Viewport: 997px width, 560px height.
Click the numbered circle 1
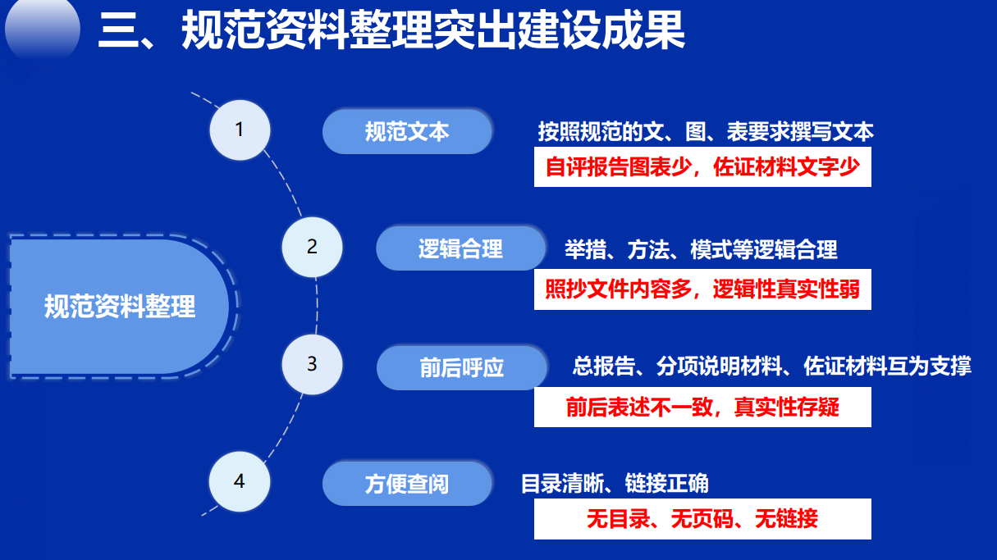click(x=240, y=130)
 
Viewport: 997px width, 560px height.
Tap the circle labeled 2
click(x=312, y=247)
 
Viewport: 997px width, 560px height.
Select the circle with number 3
click(x=312, y=364)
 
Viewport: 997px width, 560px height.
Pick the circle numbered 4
click(x=240, y=481)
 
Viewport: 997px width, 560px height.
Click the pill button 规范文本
click(x=407, y=132)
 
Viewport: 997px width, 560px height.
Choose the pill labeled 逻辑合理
click(x=460, y=248)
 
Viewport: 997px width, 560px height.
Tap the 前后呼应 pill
click(x=461, y=368)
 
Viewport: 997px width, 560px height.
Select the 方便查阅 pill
click(x=407, y=484)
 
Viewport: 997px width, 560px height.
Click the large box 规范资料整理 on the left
click(x=120, y=307)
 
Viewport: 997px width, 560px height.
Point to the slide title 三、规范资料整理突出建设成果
click(x=391, y=30)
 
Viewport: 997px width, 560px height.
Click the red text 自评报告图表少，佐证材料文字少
click(x=702, y=167)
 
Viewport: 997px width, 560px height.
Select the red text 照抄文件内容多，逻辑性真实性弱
click(x=702, y=289)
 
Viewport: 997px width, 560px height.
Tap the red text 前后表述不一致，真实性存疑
click(x=702, y=407)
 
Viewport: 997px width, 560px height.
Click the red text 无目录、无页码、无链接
click(x=702, y=519)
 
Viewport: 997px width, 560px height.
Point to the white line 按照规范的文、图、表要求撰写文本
click(x=706, y=132)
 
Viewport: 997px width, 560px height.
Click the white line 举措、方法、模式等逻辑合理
click(x=701, y=249)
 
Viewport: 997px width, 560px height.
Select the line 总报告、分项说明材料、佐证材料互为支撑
click(x=772, y=366)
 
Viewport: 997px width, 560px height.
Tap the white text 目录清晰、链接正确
click(x=615, y=484)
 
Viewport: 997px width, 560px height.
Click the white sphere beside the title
click(x=43, y=29)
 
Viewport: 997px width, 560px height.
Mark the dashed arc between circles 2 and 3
click(x=317, y=306)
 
